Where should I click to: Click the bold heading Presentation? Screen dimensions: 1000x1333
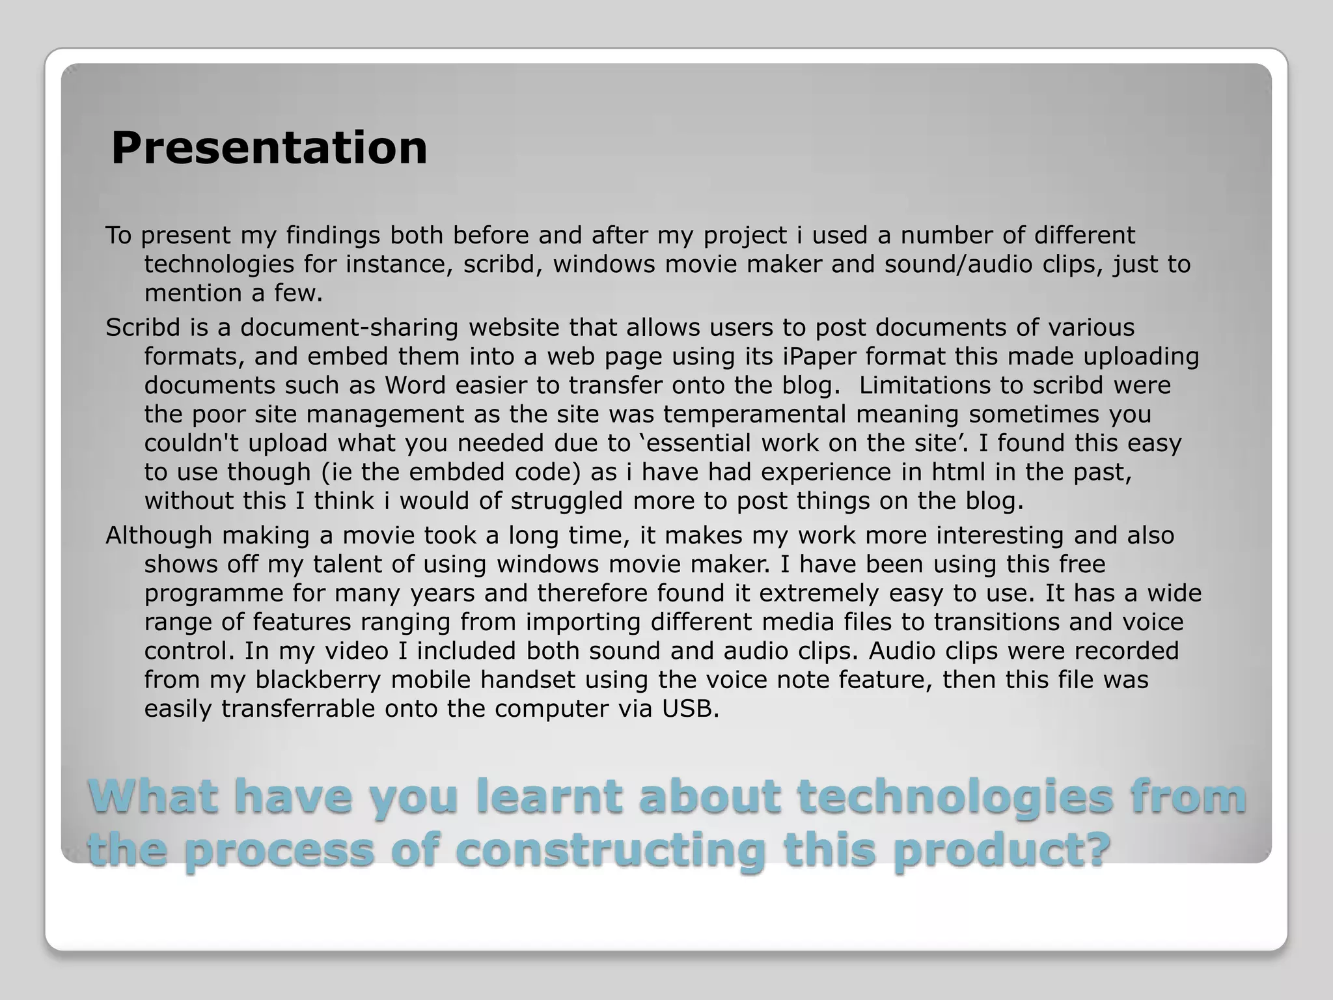(x=269, y=148)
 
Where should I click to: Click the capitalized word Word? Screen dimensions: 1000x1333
(x=415, y=385)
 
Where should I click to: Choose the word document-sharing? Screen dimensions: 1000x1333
(x=350, y=327)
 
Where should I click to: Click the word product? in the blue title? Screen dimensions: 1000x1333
(x=1002, y=851)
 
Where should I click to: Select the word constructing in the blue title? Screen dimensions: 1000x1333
(x=609, y=851)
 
